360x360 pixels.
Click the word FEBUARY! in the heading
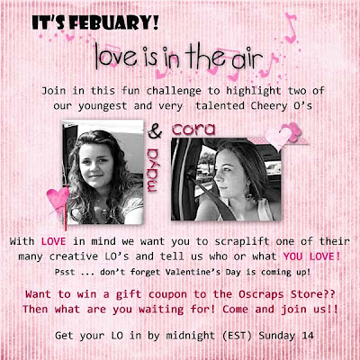click(115, 22)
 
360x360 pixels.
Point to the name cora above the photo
click(193, 129)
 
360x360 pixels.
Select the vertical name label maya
click(153, 169)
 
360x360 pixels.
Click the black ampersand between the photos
click(155, 132)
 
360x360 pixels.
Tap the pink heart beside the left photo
click(58, 199)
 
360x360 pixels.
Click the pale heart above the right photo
click(277, 139)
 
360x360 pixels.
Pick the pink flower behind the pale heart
click(292, 131)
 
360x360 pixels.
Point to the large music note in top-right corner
click(290, 28)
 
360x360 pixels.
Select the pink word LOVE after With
click(53, 241)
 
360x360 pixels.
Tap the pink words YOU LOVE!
click(311, 256)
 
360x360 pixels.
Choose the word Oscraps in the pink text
click(261, 294)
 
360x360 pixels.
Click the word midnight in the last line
click(191, 336)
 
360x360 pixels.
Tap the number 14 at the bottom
click(308, 336)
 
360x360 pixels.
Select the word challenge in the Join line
click(174, 91)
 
